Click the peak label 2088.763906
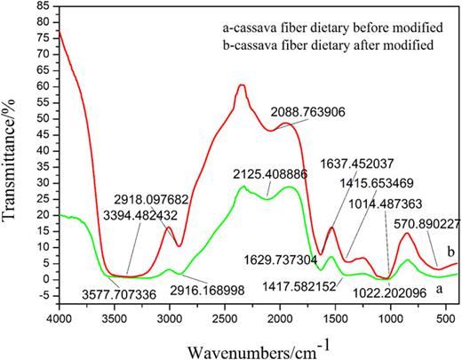[308, 114]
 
